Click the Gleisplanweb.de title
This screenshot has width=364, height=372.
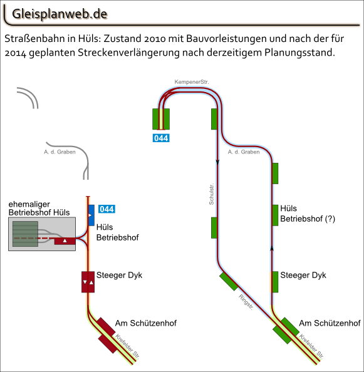pos(60,14)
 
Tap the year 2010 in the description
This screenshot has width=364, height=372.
pos(155,38)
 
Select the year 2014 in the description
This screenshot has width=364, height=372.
pos(16,53)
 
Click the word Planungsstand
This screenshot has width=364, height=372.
pos(299,53)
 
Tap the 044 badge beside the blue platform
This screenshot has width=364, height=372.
pos(107,209)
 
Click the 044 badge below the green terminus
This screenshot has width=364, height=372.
pos(161,138)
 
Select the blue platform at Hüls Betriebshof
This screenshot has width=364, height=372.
pos(91,215)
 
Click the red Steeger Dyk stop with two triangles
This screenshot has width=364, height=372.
pos(88,282)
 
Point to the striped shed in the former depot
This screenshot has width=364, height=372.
pos(25,234)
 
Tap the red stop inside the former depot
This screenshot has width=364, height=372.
pos(65,241)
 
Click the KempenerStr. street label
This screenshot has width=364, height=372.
pos(192,82)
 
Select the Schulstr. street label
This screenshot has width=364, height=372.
pos(211,194)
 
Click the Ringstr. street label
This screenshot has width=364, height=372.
pos(246,302)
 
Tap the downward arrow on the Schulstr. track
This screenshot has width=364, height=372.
pos(217,162)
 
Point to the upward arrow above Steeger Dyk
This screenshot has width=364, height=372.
pos(272,249)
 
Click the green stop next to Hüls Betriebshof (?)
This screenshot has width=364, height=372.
pos(275,215)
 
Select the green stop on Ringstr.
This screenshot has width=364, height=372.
pos(229,281)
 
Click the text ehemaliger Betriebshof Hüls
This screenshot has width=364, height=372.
pos(39,209)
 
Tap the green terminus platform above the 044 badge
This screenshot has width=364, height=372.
pos(161,119)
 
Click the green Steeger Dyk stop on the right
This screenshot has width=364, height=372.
pos(274,282)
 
